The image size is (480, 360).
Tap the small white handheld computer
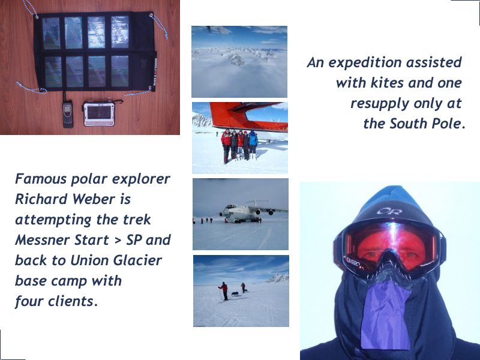pos(100,113)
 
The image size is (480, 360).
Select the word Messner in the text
pos(43,239)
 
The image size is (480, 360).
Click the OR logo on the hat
pos(389,211)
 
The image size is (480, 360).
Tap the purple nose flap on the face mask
pos(385,316)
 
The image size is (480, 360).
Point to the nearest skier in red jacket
pos(224,291)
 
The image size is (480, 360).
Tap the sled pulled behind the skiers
pos(235,294)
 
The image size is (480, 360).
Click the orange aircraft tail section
pos(248,117)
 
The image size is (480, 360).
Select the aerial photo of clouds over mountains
pos(239,62)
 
